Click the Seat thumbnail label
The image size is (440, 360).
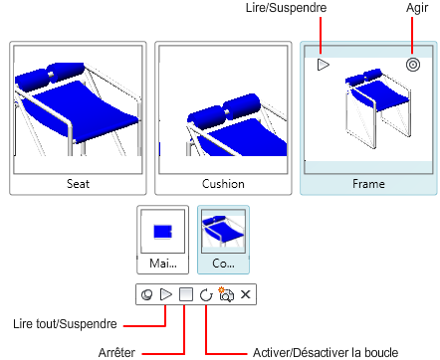click(78, 184)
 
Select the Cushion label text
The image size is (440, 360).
click(223, 184)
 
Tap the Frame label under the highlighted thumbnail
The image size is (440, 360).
click(368, 184)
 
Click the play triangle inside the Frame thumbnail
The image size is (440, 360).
click(323, 65)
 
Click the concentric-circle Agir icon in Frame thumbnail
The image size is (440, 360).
click(413, 65)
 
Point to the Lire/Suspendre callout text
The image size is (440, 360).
click(286, 8)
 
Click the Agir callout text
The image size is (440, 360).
click(417, 8)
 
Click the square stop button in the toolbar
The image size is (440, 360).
click(186, 294)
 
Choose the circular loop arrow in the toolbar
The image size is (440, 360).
click(206, 294)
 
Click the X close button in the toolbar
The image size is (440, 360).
click(245, 294)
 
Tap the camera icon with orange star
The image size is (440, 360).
click(226, 294)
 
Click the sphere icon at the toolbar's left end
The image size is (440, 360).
click(147, 294)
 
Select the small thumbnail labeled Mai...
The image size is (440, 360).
click(162, 240)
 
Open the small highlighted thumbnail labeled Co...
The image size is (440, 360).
click(223, 240)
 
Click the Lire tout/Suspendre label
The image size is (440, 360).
click(65, 324)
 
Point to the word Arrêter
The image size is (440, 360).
click(116, 352)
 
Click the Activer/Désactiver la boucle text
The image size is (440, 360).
click(326, 352)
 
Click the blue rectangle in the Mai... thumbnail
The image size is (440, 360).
click(162, 232)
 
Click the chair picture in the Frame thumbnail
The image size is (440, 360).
click(377, 108)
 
